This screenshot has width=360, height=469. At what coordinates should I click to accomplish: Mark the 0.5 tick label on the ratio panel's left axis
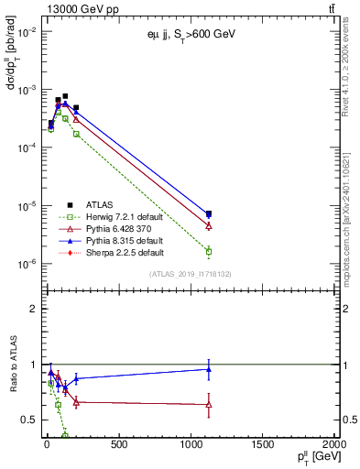27,420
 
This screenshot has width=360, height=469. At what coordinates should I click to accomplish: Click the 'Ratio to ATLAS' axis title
12,365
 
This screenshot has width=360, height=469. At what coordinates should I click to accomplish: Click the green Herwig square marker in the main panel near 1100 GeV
209,251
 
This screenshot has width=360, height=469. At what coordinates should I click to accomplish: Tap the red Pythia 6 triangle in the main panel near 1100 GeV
209,225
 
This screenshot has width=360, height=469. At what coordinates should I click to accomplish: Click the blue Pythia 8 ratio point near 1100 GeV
209,369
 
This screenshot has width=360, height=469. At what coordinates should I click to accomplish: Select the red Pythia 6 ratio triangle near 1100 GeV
209,404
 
